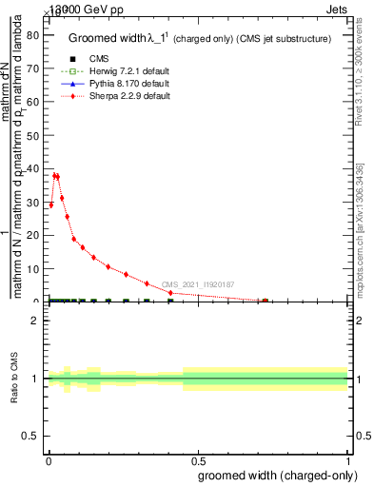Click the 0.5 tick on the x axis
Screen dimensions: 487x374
click(198, 458)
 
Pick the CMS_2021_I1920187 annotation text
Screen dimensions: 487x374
click(197, 284)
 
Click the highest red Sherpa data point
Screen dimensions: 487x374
click(55, 175)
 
